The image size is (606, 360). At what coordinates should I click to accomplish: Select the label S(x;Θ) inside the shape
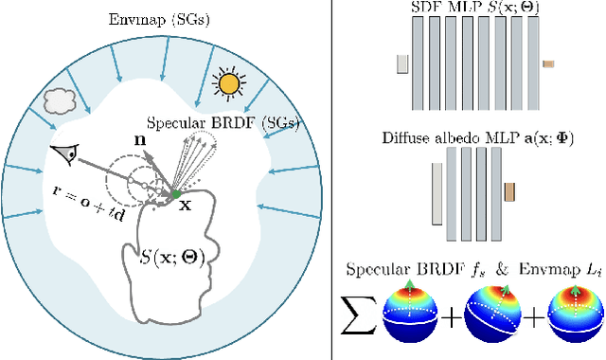179,253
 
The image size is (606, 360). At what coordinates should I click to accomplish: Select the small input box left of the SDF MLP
402,63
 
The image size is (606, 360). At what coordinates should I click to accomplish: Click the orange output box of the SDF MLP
547,63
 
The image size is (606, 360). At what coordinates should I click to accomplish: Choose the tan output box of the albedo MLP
508,192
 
